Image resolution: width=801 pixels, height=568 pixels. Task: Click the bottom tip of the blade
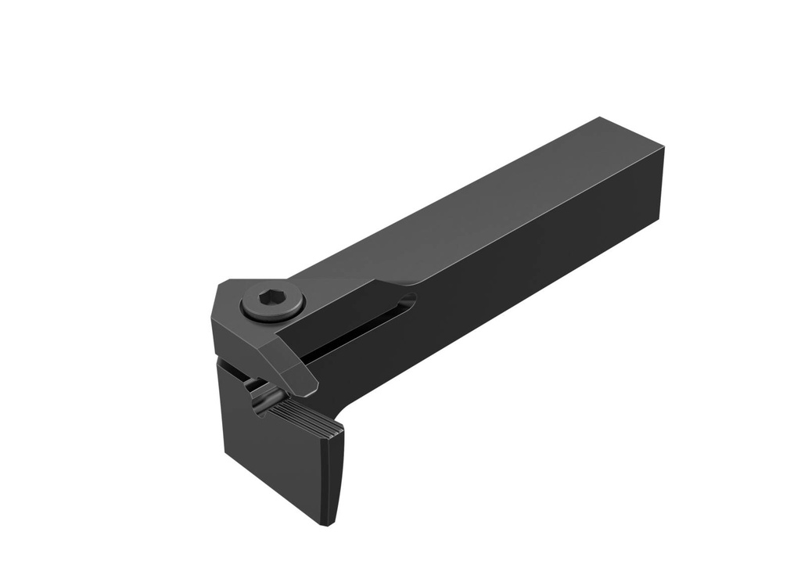(332, 522)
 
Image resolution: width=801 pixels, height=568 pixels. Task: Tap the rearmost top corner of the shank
(601, 117)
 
